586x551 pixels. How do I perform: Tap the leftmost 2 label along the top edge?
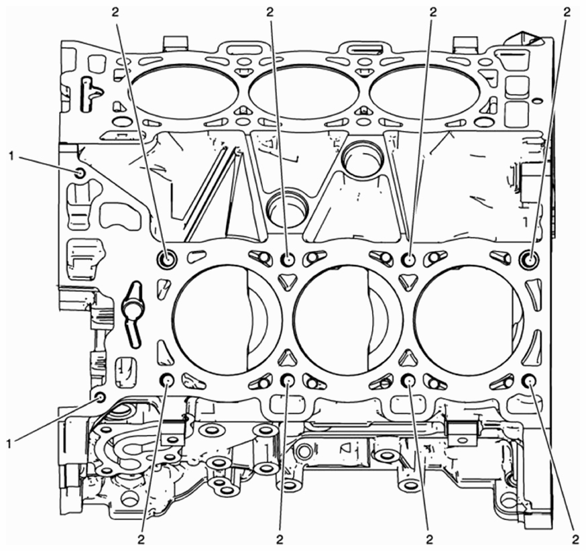tap(115, 12)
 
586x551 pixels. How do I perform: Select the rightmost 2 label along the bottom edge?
tap(575, 540)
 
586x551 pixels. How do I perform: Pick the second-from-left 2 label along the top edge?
tap(270, 12)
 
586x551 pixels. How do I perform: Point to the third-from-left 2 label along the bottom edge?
tap(429, 540)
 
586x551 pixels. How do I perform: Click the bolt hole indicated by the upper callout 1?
tap(80, 173)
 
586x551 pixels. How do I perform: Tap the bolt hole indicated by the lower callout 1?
tap(100, 397)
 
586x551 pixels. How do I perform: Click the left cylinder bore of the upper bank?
tap(184, 92)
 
